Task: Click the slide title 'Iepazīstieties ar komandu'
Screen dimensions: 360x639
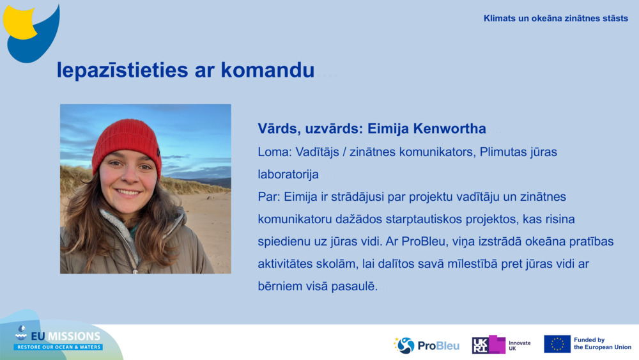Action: coord(185,70)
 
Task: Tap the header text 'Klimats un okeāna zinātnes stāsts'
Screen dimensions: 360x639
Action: coord(555,19)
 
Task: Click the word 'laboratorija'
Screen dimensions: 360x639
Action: coord(288,174)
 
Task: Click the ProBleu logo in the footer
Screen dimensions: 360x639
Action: coord(426,345)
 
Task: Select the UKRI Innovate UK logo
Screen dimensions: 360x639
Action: coord(501,345)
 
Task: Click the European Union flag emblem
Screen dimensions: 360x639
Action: coord(557,344)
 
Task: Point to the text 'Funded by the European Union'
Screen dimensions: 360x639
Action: coord(602,344)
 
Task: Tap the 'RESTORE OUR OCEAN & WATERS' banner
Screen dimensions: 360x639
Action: coord(58,347)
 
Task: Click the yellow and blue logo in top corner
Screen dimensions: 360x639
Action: coord(31,32)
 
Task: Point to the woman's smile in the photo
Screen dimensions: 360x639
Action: coord(128,191)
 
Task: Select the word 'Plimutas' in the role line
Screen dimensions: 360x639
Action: coord(503,152)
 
